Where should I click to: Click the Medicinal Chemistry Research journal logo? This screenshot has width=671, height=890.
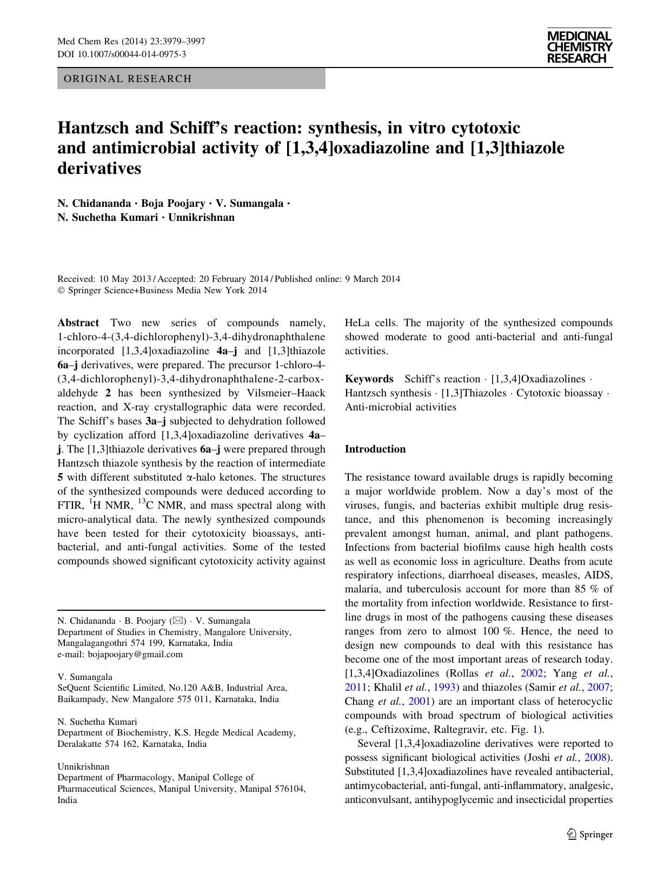[579, 48]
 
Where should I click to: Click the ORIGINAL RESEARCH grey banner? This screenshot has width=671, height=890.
[191, 79]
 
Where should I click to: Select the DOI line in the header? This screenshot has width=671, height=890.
[122, 54]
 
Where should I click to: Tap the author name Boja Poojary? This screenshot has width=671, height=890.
[173, 204]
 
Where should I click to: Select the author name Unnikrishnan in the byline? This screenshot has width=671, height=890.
[202, 218]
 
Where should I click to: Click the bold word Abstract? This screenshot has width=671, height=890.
[78, 323]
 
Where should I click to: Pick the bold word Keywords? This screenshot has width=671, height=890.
[369, 379]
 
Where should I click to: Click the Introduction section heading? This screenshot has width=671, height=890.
[375, 449]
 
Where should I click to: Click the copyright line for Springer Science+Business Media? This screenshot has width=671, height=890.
[162, 290]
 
